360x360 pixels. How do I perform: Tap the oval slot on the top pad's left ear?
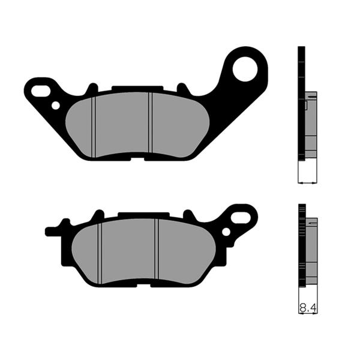pos(42,91)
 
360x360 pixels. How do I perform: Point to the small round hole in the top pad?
pos(56,106)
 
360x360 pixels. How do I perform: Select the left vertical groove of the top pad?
pos(95,126)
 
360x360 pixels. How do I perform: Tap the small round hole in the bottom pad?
pos(226,231)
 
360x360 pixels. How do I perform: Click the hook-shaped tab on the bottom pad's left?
pos(54,230)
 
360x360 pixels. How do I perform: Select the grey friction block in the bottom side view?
pos(311,252)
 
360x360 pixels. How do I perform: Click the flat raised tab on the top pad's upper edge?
pos(129,89)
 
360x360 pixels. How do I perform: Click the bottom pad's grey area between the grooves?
pos(128,249)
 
